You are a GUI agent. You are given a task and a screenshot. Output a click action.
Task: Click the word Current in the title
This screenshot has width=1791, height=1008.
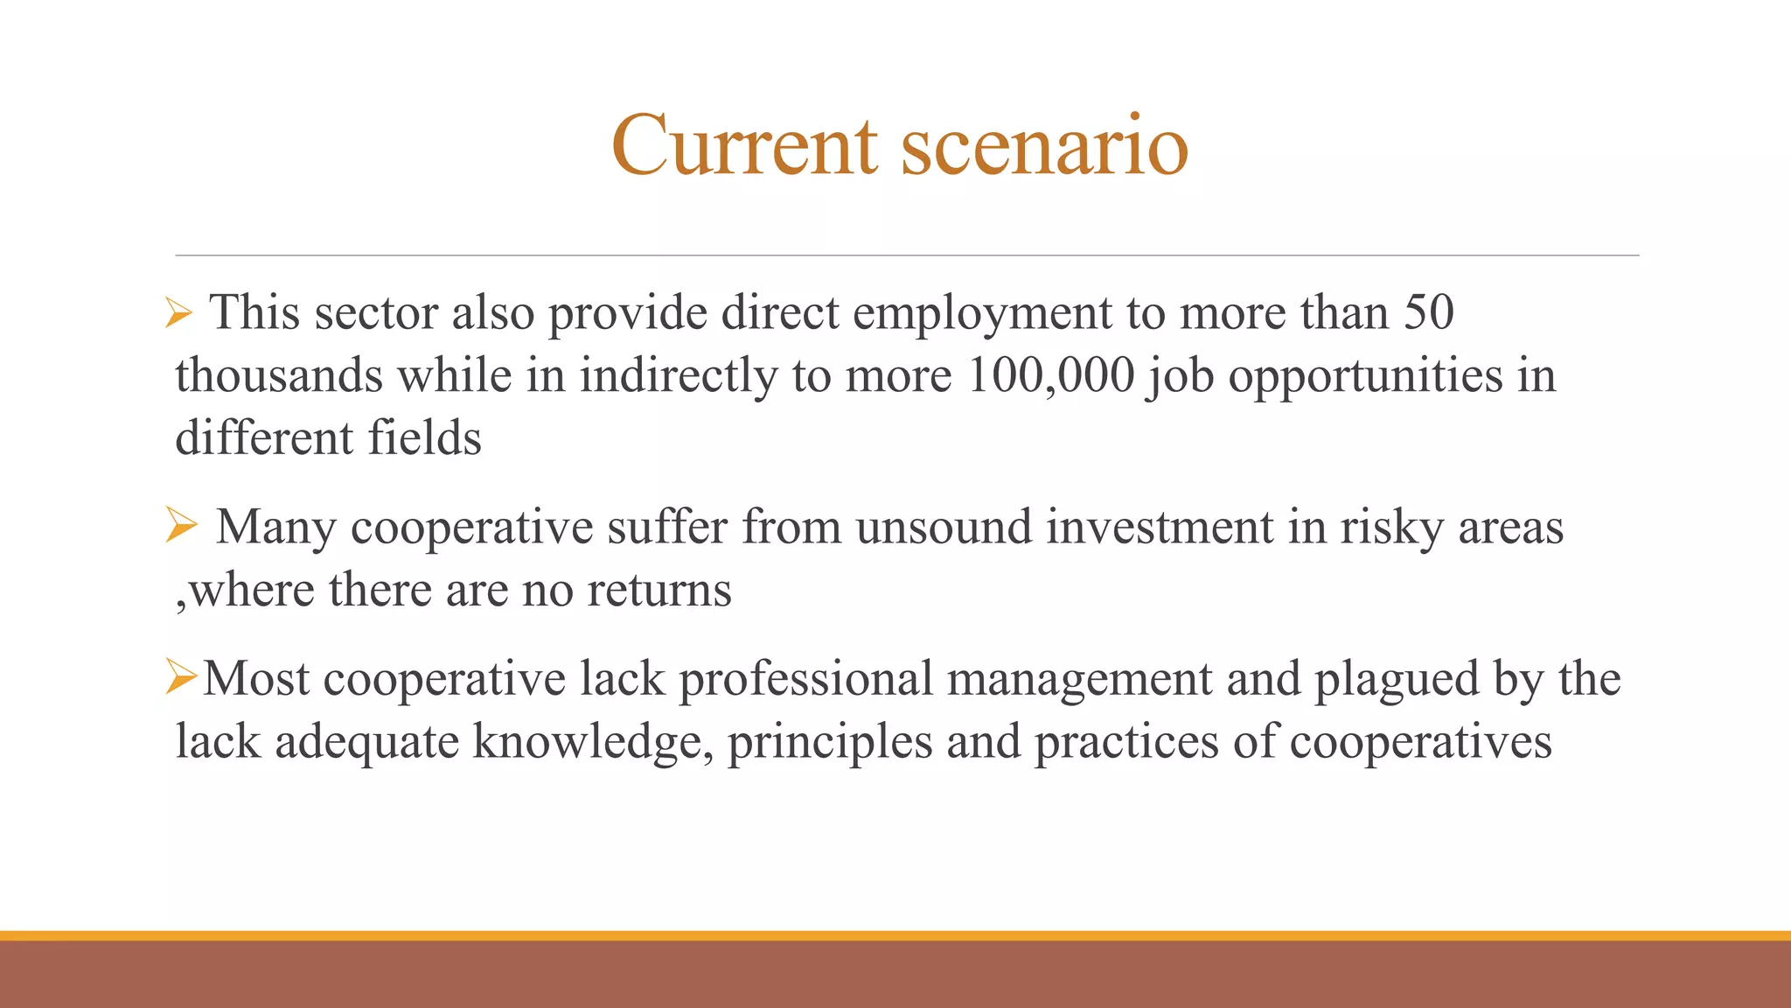click(744, 145)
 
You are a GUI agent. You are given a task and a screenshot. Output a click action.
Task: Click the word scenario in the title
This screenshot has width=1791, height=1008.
click(1044, 145)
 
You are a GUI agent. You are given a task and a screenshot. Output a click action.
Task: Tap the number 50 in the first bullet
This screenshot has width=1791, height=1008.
click(1429, 311)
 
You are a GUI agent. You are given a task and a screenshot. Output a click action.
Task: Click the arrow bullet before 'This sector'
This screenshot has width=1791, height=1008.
click(178, 313)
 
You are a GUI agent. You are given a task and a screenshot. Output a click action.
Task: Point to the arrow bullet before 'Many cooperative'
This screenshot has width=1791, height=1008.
click(181, 526)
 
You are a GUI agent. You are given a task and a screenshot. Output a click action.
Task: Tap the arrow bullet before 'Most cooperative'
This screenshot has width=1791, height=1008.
click(182, 678)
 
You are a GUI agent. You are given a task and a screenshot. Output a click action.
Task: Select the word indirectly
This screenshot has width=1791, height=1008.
click(679, 376)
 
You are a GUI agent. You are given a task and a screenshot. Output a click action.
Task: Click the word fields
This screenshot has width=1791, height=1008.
click(424, 438)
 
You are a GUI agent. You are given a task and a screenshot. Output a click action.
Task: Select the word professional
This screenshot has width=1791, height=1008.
click(805, 679)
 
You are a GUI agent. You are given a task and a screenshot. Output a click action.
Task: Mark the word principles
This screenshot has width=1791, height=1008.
click(830, 742)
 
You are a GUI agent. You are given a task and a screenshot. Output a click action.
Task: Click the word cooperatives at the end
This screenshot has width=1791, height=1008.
click(1420, 742)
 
